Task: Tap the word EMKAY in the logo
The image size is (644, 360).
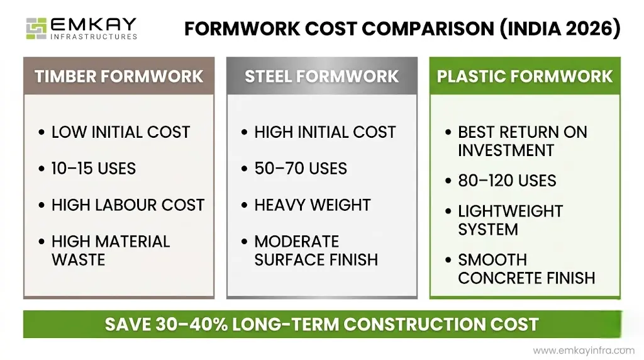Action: coord(93,25)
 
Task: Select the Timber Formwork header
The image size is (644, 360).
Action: coord(119,77)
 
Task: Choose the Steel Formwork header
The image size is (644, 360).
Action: coord(321,77)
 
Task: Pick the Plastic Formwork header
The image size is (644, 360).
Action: coord(525,77)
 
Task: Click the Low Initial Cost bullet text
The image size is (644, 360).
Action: coord(121,132)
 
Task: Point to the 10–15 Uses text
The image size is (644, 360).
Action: coord(94,169)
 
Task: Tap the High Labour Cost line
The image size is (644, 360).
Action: coord(128,205)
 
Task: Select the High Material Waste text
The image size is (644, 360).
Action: coord(111,250)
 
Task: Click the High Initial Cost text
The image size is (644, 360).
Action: coord(325,132)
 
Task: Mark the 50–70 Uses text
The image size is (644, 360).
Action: coord(301,169)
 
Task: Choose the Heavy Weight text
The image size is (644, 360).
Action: coord(313,205)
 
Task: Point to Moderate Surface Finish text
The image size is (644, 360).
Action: coord(316,250)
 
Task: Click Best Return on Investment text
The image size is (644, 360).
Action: coord(522,142)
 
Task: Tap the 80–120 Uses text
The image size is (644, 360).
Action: coord(507,181)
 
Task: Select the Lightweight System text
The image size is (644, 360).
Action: coord(510,220)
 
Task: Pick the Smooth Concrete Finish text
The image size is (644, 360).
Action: coord(526,269)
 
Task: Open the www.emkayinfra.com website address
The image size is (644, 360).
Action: coord(584,351)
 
